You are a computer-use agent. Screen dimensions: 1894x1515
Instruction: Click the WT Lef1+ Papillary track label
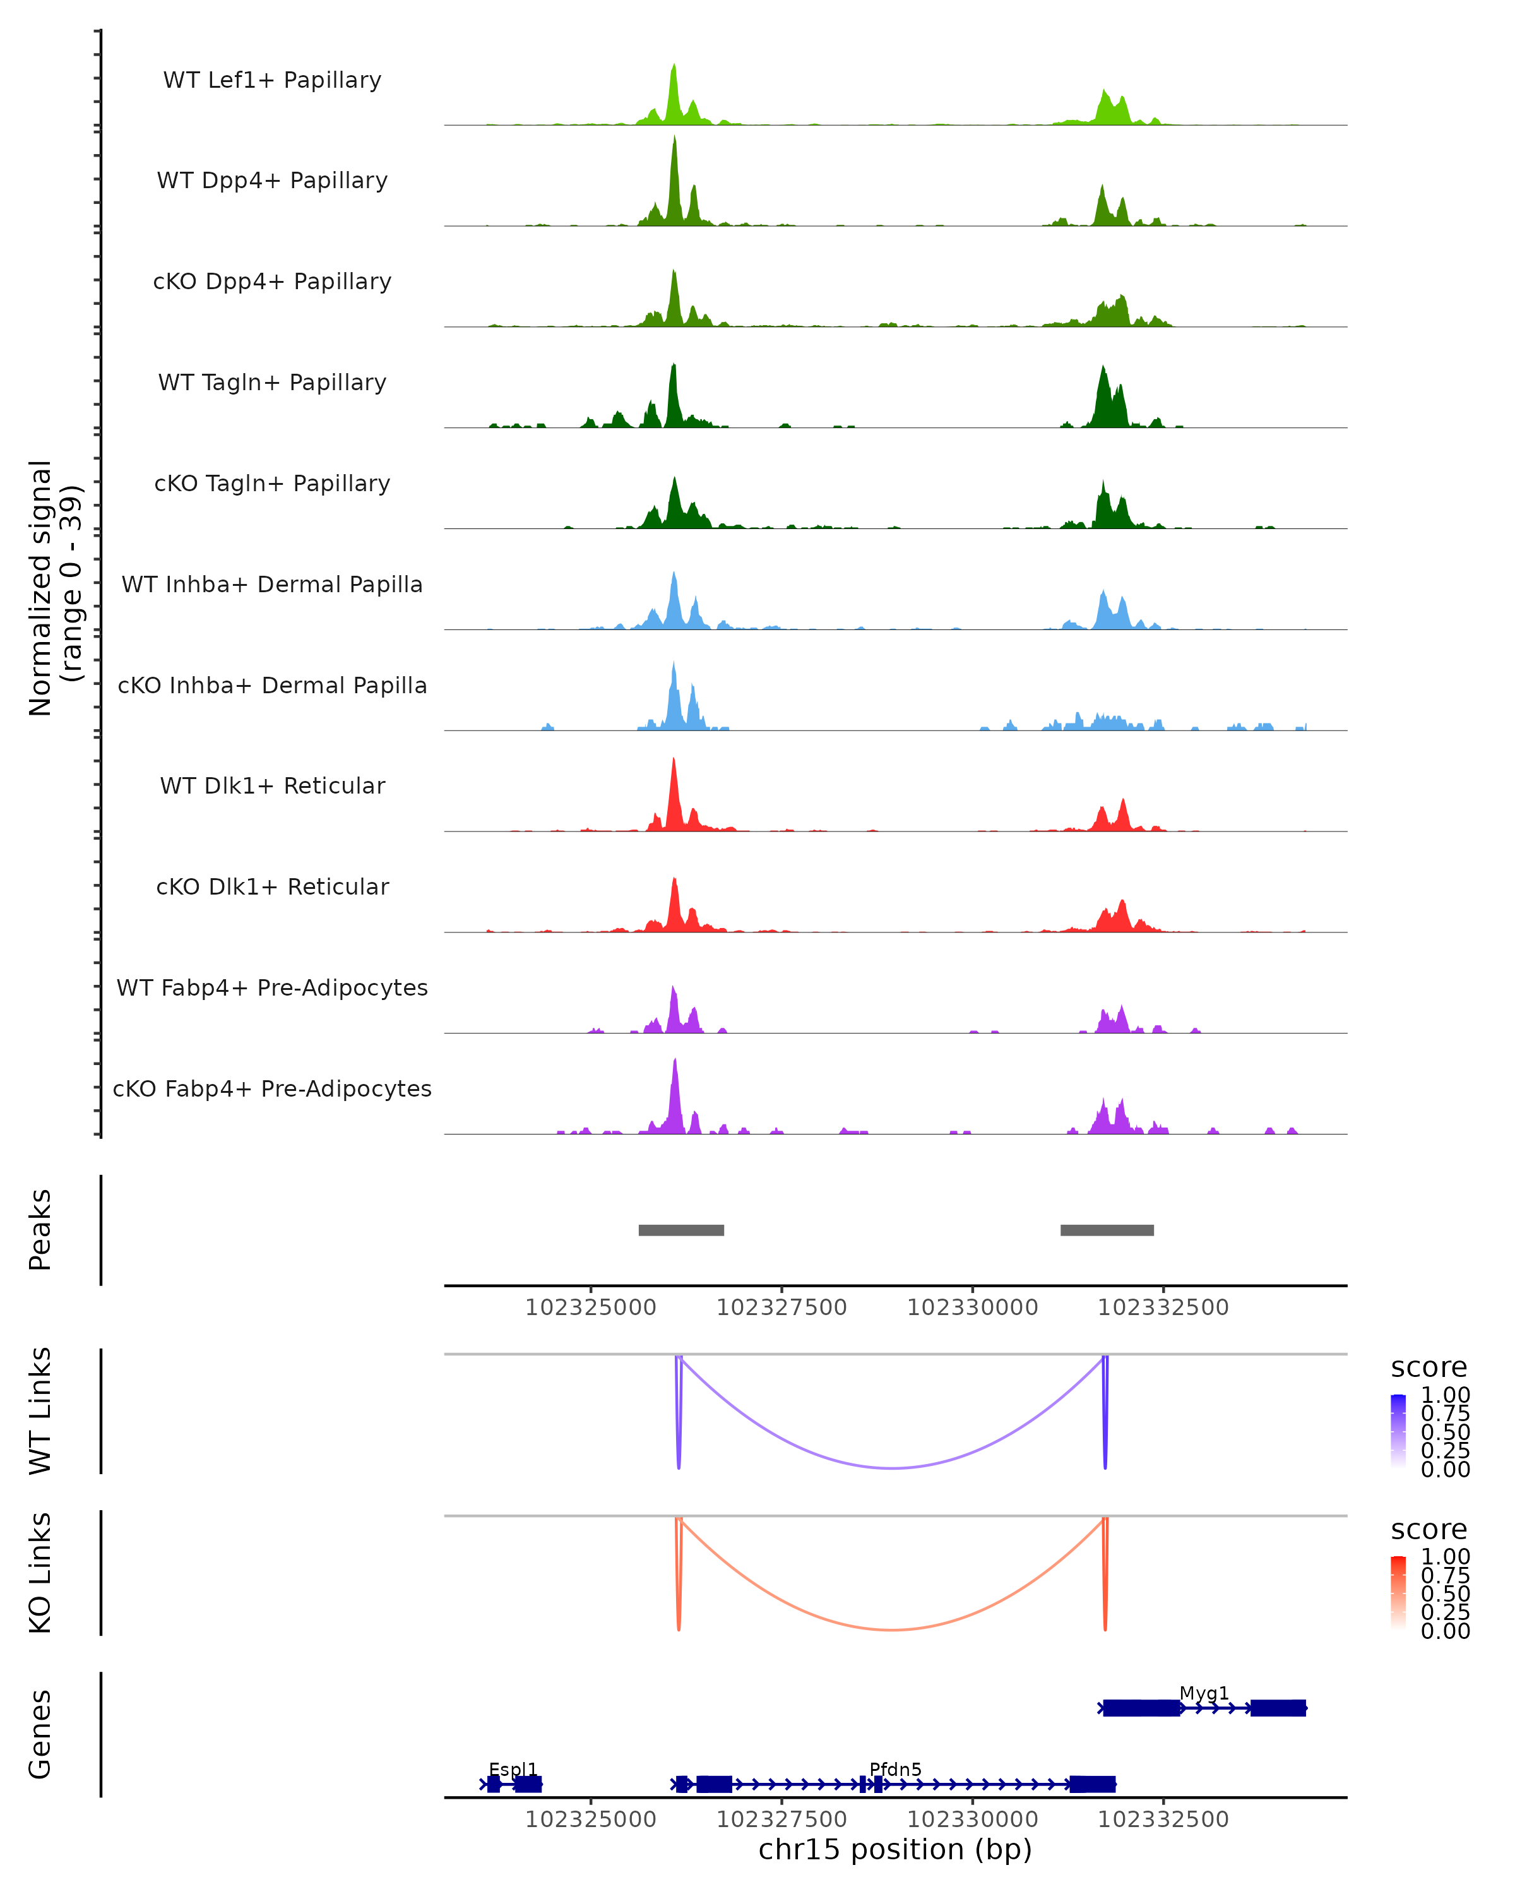[272, 80]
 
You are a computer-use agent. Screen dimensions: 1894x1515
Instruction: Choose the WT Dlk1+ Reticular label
[272, 785]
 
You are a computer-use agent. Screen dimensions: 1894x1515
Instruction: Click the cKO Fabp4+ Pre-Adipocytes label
[272, 1088]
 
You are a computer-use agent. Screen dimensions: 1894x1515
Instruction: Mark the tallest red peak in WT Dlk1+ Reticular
[674, 763]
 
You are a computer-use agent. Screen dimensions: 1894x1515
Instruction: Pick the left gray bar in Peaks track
[680, 1230]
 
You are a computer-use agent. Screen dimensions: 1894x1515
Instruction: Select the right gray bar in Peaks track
[1107, 1230]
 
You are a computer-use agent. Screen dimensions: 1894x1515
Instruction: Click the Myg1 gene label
[1204, 1693]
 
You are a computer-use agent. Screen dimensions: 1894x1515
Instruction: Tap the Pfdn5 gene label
[895, 1769]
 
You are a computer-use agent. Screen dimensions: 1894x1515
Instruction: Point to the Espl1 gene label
[513, 1769]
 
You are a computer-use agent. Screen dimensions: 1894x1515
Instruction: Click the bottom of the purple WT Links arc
[893, 1468]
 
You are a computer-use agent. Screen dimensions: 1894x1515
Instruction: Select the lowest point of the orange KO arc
[893, 1629]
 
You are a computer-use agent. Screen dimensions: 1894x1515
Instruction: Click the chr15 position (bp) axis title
[895, 1849]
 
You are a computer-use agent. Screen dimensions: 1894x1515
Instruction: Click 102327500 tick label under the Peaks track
[781, 1308]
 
